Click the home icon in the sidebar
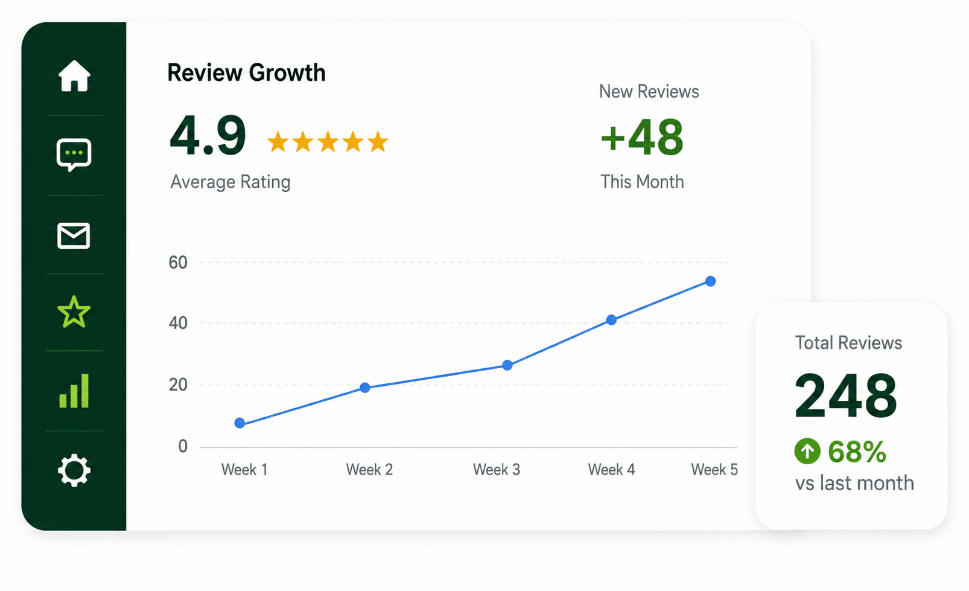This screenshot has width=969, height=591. point(74,76)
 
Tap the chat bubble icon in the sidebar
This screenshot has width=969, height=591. point(74,155)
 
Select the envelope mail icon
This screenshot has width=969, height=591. point(74,236)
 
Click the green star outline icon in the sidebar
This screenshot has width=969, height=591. point(74,311)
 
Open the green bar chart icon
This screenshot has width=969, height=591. point(74,391)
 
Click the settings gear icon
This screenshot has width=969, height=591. point(74,470)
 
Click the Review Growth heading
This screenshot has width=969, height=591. point(246,72)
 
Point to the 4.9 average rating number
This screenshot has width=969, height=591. point(208,135)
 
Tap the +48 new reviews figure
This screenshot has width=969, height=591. point(643,137)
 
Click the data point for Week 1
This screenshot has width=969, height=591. point(240,423)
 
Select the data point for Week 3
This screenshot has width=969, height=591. point(507,365)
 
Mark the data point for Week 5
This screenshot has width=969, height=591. point(710,281)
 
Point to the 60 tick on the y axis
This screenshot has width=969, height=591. point(178,263)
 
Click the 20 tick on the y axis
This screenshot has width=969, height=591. point(178,385)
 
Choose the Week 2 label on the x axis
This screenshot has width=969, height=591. point(369,470)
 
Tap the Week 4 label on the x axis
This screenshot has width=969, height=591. point(611,470)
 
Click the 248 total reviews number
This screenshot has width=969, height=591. point(846,395)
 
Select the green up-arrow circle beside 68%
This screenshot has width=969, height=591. point(807,451)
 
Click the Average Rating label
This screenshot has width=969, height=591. point(230,182)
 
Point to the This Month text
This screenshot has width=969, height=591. point(643,182)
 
